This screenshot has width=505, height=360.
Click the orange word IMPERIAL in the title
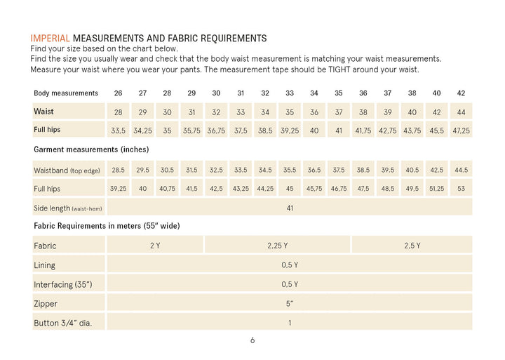point(50,39)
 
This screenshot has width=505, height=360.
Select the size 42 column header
point(461,93)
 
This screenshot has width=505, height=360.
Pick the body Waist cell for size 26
point(119,112)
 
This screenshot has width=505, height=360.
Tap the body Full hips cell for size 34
point(314,131)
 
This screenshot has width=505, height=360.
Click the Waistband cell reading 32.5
point(216,170)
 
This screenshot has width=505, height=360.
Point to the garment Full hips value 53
point(461,189)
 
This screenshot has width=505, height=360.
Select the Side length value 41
point(290,208)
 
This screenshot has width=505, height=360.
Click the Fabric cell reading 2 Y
point(155,246)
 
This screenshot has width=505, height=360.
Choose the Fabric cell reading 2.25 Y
point(277,246)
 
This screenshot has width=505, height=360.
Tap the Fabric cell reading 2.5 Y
point(412,246)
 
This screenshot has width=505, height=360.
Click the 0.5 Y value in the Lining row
point(290,265)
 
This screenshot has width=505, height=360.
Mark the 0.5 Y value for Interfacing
point(290,284)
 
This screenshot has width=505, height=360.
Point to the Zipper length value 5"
point(290,304)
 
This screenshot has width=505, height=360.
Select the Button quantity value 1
point(290,323)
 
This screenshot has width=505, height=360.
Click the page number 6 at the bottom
point(252,340)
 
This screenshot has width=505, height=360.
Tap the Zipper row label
point(46,304)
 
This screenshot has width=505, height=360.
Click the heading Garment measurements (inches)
point(91,149)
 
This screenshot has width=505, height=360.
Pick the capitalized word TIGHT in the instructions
point(339,69)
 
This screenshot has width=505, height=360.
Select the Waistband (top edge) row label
point(67,171)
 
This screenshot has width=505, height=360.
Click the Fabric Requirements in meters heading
point(107,225)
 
